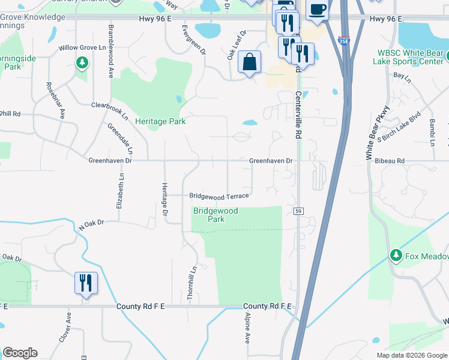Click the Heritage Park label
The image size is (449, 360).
[160, 121]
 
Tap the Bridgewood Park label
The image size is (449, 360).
[215, 215]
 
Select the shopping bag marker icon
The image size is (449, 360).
[249, 62]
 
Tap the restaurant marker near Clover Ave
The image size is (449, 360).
[86, 283]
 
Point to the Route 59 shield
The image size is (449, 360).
[298, 211]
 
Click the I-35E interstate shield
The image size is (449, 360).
[343, 41]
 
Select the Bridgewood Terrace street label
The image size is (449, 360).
[219, 196]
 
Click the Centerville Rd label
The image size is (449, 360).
[298, 115]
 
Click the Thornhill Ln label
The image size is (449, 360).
[191, 283]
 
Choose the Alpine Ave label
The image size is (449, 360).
[247, 328]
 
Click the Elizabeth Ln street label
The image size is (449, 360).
[121, 191]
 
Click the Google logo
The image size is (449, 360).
[20, 353]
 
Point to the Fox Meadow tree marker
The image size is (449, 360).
[396, 256]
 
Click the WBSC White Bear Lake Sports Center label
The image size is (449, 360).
[408, 58]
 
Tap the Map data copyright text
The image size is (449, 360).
[411, 355]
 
